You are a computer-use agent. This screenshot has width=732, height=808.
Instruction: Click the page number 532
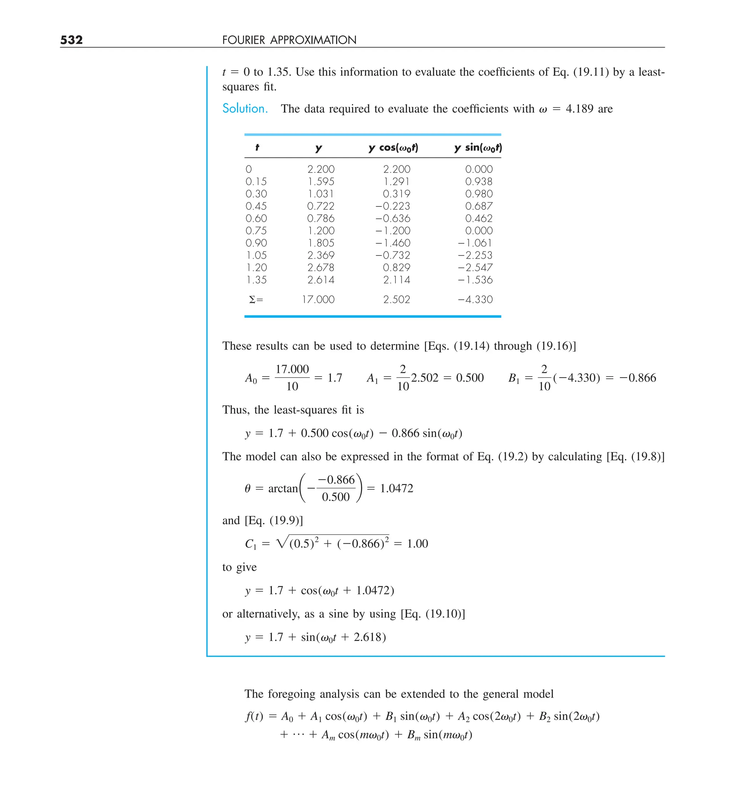click(x=71, y=40)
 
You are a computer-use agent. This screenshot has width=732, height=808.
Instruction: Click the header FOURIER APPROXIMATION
click(x=289, y=40)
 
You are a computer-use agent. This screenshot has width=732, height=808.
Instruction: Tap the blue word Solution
click(x=245, y=109)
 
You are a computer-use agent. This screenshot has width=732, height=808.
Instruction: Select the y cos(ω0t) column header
click(x=393, y=148)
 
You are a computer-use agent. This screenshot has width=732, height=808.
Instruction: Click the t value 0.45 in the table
click(x=256, y=206)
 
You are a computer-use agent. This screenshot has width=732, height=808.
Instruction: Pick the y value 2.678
click(x=321, y=267)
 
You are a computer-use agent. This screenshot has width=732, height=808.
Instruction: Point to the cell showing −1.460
click(x=393, y=243)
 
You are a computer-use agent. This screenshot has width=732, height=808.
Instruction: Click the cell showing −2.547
click(x=475, y=267)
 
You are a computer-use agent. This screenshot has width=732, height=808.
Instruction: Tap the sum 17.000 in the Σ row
click(x=318, y=299)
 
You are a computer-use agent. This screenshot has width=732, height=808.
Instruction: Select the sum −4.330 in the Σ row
click(x=475, y=299)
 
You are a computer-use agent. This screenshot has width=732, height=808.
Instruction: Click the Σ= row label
click(x=256, y=300)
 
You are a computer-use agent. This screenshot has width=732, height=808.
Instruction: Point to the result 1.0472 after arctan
click(x=396, y=488)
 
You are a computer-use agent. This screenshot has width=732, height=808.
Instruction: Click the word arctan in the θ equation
click(x=283, y=489)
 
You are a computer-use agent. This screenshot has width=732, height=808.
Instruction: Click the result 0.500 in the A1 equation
click(x=470, y=378)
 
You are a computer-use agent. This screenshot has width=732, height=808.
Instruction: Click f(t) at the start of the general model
click(x=253, y=716)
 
